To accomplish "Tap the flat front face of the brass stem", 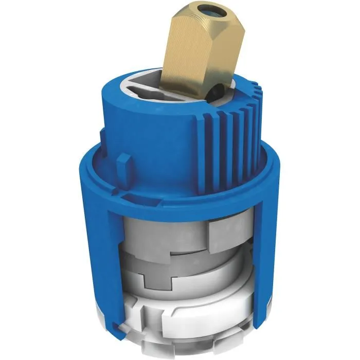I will point(190,57).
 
